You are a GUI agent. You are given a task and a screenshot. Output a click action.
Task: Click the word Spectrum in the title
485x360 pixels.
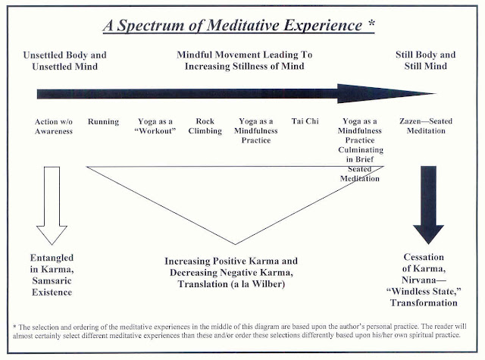[150, 26]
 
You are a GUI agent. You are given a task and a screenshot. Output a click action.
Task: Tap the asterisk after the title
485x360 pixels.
[371, 23]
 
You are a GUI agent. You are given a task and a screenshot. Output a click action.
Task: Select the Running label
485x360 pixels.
[103, 122]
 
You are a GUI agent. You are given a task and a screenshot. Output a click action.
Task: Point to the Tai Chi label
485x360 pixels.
[305, 121]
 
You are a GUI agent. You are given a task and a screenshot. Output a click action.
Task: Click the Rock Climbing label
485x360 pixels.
[205, 126]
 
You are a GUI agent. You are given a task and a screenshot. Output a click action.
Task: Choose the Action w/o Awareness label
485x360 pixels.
[54, 127]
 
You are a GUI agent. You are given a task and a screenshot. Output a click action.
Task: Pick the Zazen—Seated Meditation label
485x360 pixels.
[426, 126]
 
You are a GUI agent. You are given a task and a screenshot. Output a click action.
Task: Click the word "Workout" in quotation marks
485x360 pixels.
[155, 131]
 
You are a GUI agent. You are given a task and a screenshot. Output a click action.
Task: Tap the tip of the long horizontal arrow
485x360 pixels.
[436, 93]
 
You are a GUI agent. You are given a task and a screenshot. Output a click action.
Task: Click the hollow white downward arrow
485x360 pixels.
[52, 205]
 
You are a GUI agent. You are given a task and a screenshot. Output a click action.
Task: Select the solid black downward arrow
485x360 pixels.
[428, 205]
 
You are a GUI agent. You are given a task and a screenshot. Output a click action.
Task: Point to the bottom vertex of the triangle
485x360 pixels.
[236, 244]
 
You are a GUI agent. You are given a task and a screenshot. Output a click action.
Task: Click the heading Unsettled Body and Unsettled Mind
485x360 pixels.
[65, 61]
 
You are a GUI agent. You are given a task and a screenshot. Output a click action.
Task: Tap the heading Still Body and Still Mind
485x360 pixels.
[426, 61]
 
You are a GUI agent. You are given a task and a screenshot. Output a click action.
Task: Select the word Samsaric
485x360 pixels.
[52, 281]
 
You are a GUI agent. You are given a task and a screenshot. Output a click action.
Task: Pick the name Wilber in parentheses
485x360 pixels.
[267, 284]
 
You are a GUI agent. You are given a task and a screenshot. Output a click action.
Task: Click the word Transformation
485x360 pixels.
[424, 303]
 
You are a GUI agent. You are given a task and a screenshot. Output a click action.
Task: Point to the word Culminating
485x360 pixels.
[361, 150]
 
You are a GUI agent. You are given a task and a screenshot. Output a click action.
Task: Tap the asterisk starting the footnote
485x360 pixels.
[14, 327]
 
